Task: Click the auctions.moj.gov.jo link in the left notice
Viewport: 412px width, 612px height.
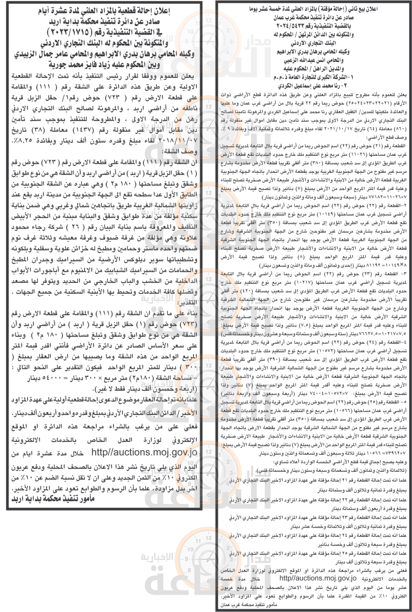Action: [144, 452]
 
